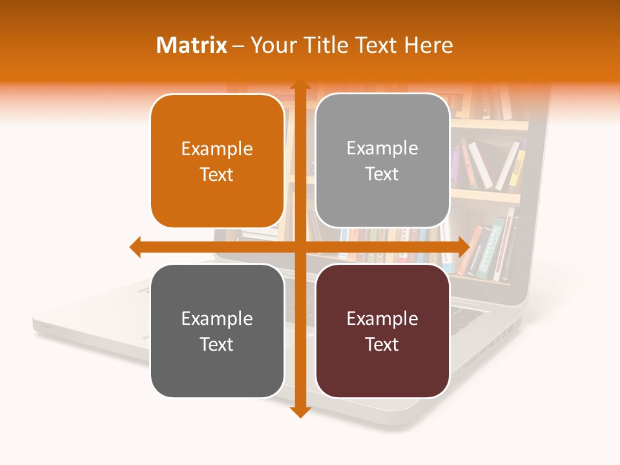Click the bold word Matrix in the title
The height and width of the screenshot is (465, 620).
click(x=192, y=45)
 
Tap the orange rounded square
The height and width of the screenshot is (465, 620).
click(x=217, y=161)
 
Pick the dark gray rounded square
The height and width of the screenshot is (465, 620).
click(x=217, y=331)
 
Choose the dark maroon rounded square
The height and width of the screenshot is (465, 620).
click(x=382, y=331)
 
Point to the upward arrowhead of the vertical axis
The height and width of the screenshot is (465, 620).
click(x=300, y=85)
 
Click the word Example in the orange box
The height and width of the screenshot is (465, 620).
click(x=217, y=149)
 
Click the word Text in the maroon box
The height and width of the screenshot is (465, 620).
click(x=382, y=344)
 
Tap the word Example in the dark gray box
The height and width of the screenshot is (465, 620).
click(x=217, y=318)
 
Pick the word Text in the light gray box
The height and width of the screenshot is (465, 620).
click(x=382, y=174)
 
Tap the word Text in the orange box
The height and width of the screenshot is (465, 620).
click(x=217, y=174)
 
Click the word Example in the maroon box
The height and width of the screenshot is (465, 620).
click(x=382, y=318)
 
